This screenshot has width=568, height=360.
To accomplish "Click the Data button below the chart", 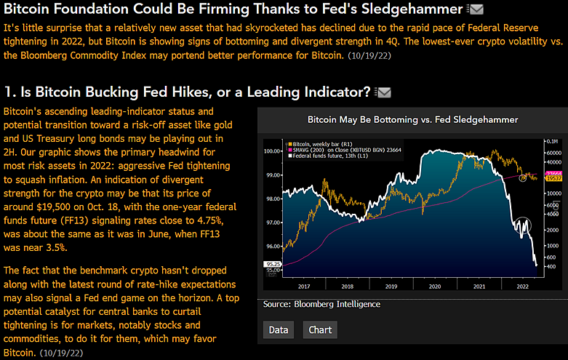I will coord(278,329).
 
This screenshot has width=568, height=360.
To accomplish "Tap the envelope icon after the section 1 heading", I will coord(383,92).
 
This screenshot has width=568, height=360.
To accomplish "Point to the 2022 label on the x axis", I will coord(522,287).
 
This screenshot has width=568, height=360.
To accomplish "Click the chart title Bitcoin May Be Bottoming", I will coord(412,119).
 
